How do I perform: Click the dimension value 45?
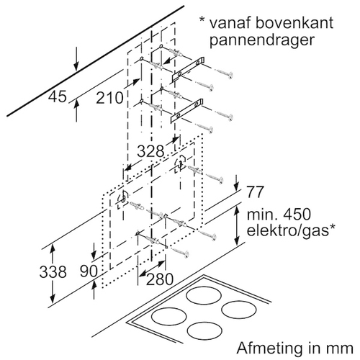tap(58, 96)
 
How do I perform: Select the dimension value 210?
tap(109, 98)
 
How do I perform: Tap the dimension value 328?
tap(150, 151)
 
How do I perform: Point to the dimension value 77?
tap(255, 192)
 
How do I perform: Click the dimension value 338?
tap(53, 272)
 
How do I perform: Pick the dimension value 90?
tap(89, 271)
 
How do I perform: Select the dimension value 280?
tap(160, 279)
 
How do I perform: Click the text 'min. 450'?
tap(279, 215)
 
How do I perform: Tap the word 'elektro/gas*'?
tap(291, 230)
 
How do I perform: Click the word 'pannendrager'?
tap(262, 40)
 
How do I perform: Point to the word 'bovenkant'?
tap(288, 22)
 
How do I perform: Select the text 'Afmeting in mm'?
tap(295, 348)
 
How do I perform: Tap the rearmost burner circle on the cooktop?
tap(204, 295)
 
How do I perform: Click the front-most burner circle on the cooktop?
tap(204, 331)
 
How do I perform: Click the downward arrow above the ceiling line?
tap(76, 59)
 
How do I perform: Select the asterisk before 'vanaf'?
tap(202, 20)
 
